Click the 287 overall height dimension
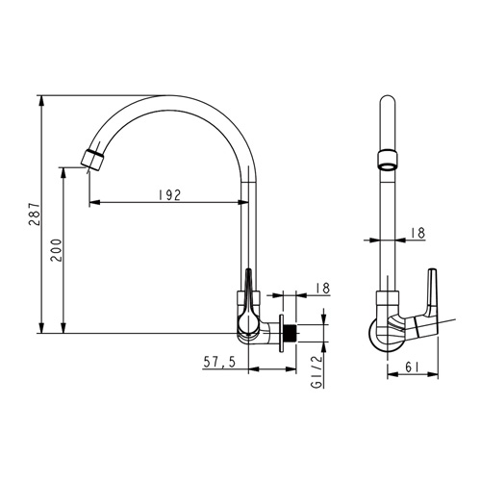click(35, 215)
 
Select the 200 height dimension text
click(57, 250)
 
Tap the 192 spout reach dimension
click(170, 194)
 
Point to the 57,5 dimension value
click(219, 362)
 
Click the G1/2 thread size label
click(316, 371)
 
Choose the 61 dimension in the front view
click(412, 367)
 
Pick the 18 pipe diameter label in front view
click(418, 233)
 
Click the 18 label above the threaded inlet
click(323, 288)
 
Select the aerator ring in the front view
click(388, 160)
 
